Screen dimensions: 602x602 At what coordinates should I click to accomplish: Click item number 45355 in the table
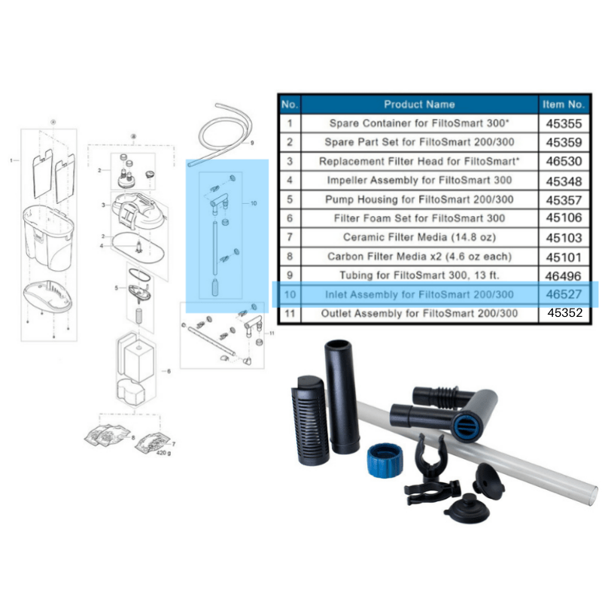tap(563, 123)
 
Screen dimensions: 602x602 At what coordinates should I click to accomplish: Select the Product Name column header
tap(419, 104)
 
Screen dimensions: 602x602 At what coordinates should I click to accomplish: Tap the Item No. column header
tap(563, 104)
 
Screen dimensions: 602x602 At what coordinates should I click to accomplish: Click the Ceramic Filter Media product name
tap(419, 237)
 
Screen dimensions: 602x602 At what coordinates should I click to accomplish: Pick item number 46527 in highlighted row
tap(563, 294)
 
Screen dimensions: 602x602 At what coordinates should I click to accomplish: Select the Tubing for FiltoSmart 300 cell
tap(419, 275)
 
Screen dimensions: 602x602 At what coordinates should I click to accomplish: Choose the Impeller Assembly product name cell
tap(419, 180)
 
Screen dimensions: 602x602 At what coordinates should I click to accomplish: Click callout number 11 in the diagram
tap(272, 332)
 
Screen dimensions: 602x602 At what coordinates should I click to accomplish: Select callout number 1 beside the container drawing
tap(11, 160)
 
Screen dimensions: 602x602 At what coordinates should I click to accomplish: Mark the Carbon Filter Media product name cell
tap(419, 256)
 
